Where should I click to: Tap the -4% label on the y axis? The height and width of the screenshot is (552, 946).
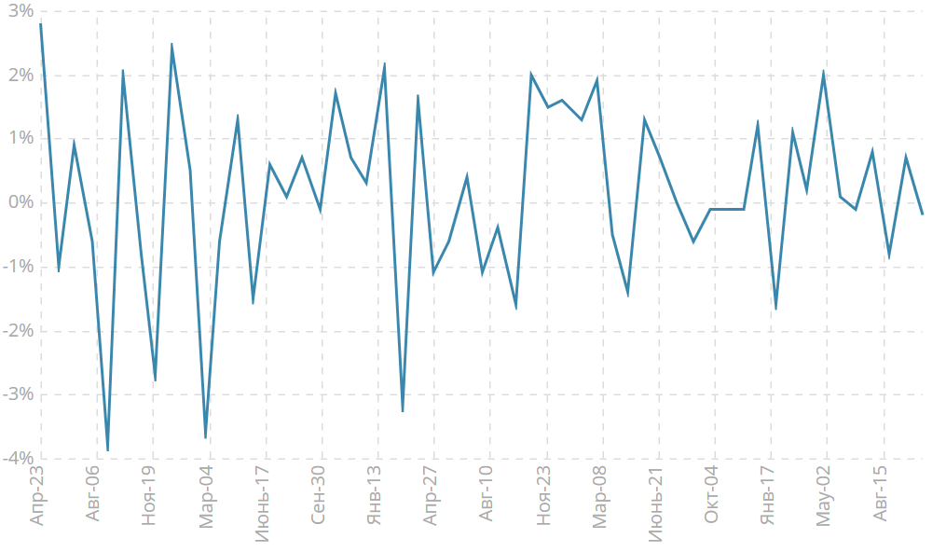(x=18, y=458)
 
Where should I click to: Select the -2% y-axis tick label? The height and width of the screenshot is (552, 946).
(x=18, y=331)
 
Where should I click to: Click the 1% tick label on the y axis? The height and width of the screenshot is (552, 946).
(x=20, y=139)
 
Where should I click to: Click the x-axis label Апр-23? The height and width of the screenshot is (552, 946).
(x=38, y=496)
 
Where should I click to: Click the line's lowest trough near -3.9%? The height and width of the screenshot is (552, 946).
(x=108, y=450)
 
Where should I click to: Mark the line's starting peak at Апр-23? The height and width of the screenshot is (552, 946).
(x=41, y=24)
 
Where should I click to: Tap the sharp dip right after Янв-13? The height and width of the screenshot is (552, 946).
(x=403, y=411)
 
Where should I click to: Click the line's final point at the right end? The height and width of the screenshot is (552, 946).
(x=923, y=214)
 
